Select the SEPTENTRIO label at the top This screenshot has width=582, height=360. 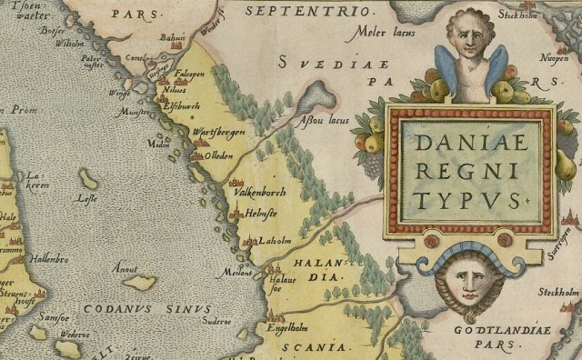pos(309,11)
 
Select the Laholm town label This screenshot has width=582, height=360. pos(273,242)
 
